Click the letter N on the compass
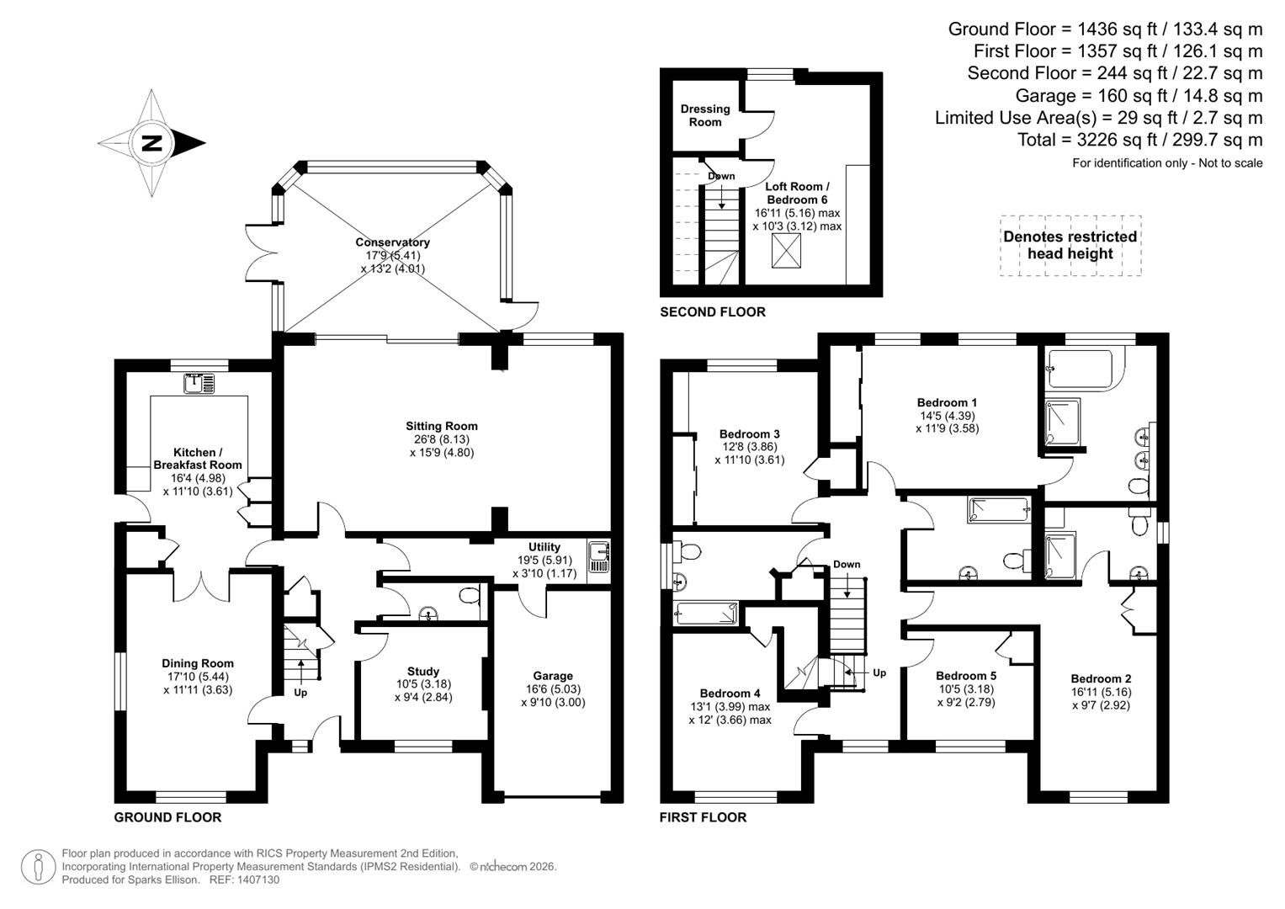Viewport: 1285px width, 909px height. [151, 142]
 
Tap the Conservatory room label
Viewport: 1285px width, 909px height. [392, 242]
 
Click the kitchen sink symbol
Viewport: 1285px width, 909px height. [199, 384]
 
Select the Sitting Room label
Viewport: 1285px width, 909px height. [441, 426]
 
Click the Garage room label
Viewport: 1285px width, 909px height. [552, 675]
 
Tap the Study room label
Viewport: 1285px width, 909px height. [422, 671]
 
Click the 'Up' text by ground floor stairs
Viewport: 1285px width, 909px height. [300, 693]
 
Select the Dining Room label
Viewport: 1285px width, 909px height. [198, 663]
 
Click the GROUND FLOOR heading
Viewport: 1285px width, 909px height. [167, 817]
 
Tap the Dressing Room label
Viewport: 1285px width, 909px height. [704, 115]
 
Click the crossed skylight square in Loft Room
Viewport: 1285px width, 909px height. [787, 250]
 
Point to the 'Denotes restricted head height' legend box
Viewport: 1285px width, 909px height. [1070, 246]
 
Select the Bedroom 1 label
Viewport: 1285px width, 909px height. [947, 402]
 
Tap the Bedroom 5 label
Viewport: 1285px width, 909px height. [965, 675]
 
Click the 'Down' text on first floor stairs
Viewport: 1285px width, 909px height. [847, 564]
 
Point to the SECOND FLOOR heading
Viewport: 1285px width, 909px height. [712, 311]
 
